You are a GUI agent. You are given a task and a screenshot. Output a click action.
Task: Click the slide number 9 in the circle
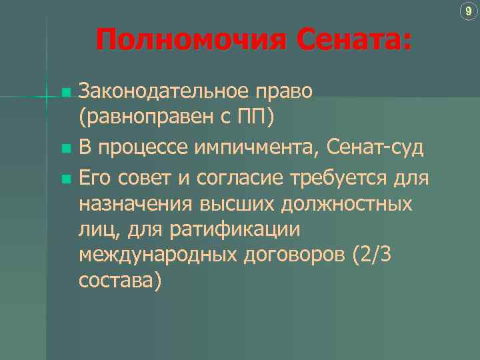[x=469, y=11]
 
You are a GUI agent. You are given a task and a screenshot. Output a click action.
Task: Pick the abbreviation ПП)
[x=255, y=118]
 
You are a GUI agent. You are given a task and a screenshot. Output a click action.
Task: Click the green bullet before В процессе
[x=65, y=147]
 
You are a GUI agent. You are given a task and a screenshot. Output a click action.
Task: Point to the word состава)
[x=120, y=282]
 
